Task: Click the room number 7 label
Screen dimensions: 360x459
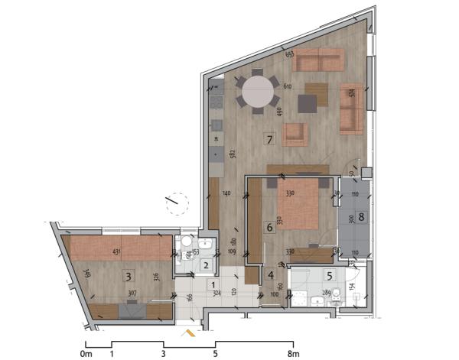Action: [x=269, y=139]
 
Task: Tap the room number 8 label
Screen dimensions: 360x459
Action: [x=361, y=216]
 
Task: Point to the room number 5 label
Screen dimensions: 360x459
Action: [x=328, y=275]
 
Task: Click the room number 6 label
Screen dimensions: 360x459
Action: [x=269, y=226]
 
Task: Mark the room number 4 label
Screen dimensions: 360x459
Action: [x=271, y=275]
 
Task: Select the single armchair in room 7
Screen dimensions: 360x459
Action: [x=295, y=135]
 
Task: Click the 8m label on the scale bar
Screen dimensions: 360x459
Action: [x=292, y=355]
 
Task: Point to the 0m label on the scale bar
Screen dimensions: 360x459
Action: [x=86, y=355]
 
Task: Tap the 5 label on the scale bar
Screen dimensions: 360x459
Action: [x=215, y=355]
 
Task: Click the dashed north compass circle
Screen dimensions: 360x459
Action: [x=175, y=202]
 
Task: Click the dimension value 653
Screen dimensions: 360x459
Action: [x=290, y=54]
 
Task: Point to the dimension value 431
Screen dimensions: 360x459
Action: [x=117, y=252]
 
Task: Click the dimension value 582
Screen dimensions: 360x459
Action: [x=231, y=154]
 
